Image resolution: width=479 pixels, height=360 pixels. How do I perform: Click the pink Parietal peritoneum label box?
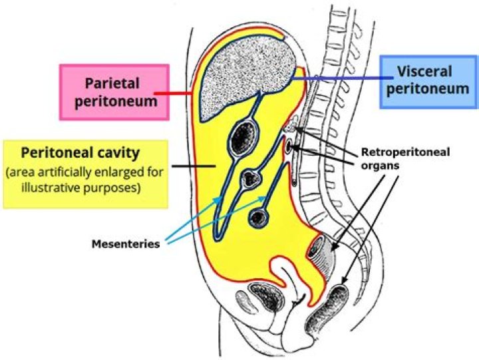113,92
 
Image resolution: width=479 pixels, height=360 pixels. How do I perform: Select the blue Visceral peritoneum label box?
428,81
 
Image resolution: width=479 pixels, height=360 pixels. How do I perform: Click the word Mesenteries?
126,244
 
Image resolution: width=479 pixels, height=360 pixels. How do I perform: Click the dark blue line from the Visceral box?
333,79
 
